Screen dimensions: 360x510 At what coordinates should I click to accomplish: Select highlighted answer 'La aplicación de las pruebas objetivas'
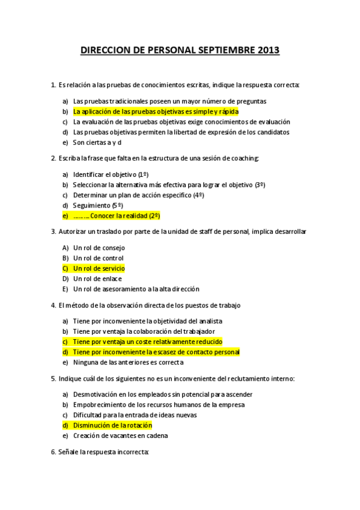tap(156, 111)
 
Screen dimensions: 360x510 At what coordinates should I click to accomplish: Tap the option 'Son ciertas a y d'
tap(97, 143)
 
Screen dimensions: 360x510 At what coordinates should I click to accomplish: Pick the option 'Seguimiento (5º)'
tap(98, 205)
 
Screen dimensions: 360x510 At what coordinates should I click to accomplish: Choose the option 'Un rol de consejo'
tap(99, 247)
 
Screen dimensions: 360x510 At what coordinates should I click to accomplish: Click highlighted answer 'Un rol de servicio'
tap(99, 268)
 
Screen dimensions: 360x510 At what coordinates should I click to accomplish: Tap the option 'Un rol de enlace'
tap(97, 278)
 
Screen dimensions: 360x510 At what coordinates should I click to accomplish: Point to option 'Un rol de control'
tap(98, 258)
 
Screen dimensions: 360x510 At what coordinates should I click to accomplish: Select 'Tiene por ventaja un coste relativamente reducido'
tap(147, 342)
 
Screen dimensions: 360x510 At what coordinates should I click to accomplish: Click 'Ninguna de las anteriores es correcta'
tap(128, 363)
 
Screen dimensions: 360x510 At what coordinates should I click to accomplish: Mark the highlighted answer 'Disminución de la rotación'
tap(112, 425)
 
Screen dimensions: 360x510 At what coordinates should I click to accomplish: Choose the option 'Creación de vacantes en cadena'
tap(120, 435)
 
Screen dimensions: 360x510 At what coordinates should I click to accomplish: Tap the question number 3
tap(53, 231)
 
